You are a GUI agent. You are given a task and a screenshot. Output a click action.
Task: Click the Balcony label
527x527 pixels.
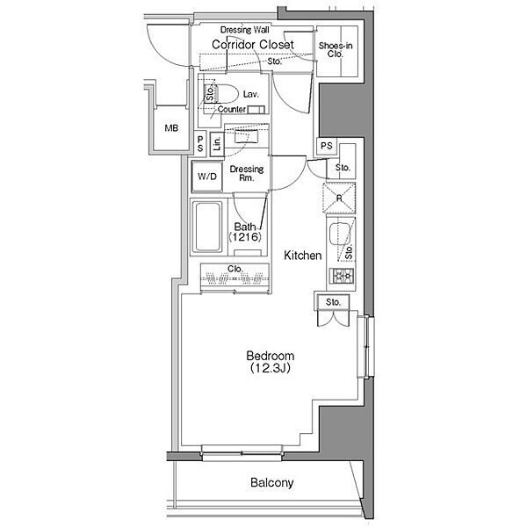tap(272, 483)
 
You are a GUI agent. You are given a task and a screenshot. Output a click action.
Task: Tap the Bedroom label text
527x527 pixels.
tap(271, 356)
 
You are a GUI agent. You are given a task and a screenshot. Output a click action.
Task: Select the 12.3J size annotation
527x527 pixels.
tap(271, 368)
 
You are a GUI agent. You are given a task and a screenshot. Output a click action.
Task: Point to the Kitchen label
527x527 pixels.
tap(302, 256)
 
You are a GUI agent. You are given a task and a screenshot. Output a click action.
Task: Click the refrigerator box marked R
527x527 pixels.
tap(339, 198)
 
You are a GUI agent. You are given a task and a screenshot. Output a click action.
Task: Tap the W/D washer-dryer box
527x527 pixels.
tap(207, 177)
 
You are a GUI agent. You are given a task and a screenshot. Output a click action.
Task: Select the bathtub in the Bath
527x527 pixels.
tap(207, 227)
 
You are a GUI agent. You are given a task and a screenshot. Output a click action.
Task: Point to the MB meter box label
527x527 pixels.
tap(171, 128)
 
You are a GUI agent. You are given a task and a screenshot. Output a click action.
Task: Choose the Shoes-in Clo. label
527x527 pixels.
tap(336, 50)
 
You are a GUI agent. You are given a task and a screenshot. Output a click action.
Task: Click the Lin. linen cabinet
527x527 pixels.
tap(217, 144)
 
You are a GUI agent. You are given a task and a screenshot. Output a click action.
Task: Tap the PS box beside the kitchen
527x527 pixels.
tap(327, 146)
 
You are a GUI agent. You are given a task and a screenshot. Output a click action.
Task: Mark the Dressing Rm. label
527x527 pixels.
tap(246, 173)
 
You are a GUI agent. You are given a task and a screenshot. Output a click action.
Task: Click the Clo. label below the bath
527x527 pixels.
tap(235, 269)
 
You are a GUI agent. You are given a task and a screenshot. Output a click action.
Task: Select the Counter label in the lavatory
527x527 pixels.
tap(232, 109)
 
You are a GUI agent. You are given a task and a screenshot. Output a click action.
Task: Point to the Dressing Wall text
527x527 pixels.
tap(245, 30)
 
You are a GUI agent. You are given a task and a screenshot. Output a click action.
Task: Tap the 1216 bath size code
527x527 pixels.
tap(245, 237)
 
